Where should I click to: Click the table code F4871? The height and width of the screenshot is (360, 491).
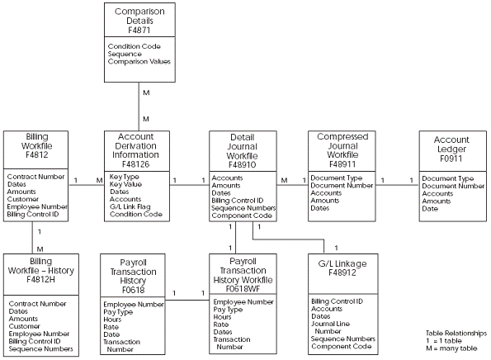[136, 27]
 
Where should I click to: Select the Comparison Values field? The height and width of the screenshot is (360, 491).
[137, 61]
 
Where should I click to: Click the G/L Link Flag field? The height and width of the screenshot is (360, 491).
[135, 206]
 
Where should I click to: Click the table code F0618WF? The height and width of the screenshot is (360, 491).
[237, 290]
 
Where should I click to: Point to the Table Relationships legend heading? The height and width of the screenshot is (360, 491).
[455, 333]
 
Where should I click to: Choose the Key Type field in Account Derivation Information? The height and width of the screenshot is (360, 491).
[124, 177]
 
